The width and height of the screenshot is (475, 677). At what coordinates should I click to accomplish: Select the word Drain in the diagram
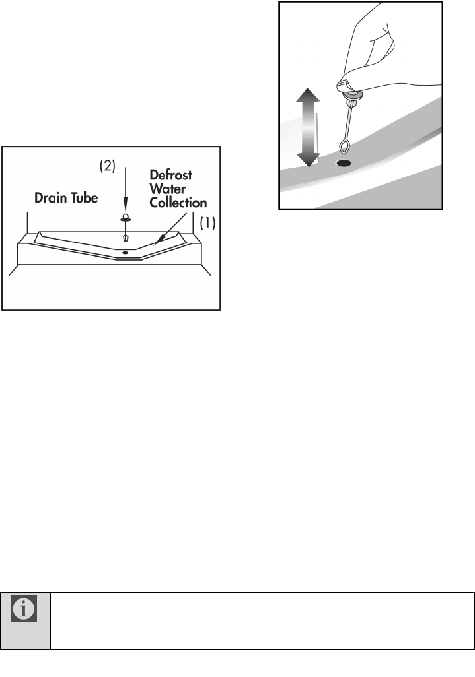point(52,198)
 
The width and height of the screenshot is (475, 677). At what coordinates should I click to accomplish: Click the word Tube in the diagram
point(84,198)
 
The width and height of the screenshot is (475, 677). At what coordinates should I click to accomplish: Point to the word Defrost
point(171,176)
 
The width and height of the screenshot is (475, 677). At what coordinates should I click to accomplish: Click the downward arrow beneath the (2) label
point(124,191)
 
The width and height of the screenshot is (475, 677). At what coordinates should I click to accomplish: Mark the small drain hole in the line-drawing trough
point(124,253)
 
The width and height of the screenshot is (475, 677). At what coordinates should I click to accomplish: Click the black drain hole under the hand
point(344,162)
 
